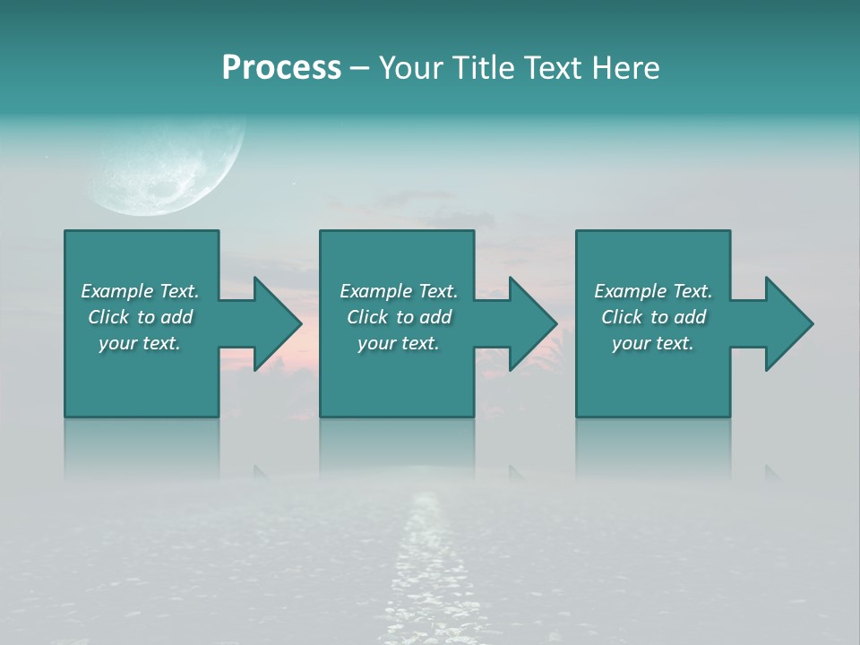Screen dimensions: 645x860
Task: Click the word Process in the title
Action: point(281,68)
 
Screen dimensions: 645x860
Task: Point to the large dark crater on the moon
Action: point(167,189)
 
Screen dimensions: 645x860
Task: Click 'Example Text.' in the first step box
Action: point(140,291)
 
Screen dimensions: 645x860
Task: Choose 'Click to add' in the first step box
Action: point(140,317)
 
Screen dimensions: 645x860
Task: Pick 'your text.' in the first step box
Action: point(140,343)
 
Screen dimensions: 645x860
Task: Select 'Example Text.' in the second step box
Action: point(399,291)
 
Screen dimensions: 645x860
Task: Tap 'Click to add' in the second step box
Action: point(399,317)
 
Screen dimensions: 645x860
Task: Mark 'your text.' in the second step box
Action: point(399,343)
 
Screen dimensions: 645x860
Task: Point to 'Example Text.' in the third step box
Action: point(653,291)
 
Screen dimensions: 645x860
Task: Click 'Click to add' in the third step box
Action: point(653,317)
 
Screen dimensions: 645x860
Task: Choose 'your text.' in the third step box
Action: point(653,343)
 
